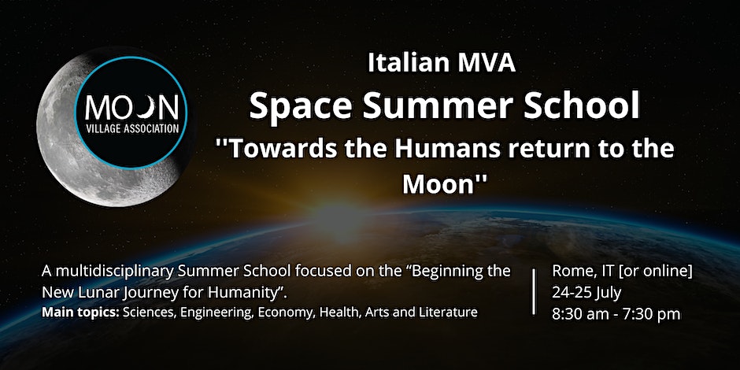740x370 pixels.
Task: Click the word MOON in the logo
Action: pos(131,108)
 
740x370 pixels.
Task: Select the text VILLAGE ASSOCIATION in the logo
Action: pos(132,128)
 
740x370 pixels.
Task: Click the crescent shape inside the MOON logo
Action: pos(149,108)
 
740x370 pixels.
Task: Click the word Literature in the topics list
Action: pos(453,313)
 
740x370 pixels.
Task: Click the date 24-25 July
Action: pos(586,293)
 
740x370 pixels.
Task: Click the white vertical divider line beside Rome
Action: pos(534,291)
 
